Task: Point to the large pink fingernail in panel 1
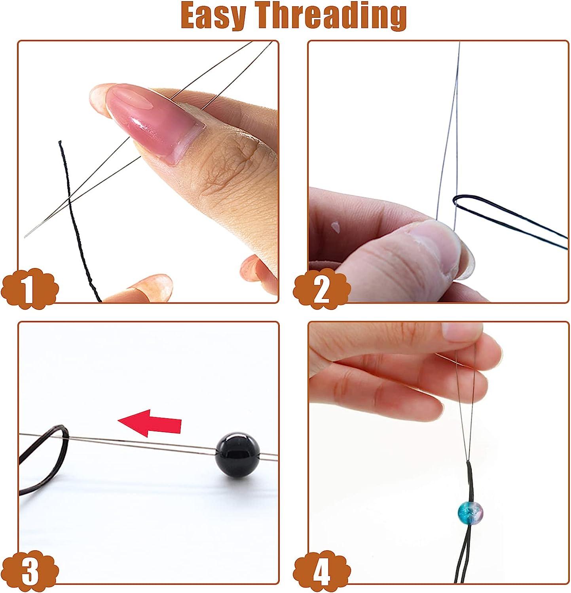point(154,119)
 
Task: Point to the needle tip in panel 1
point(26,236)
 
